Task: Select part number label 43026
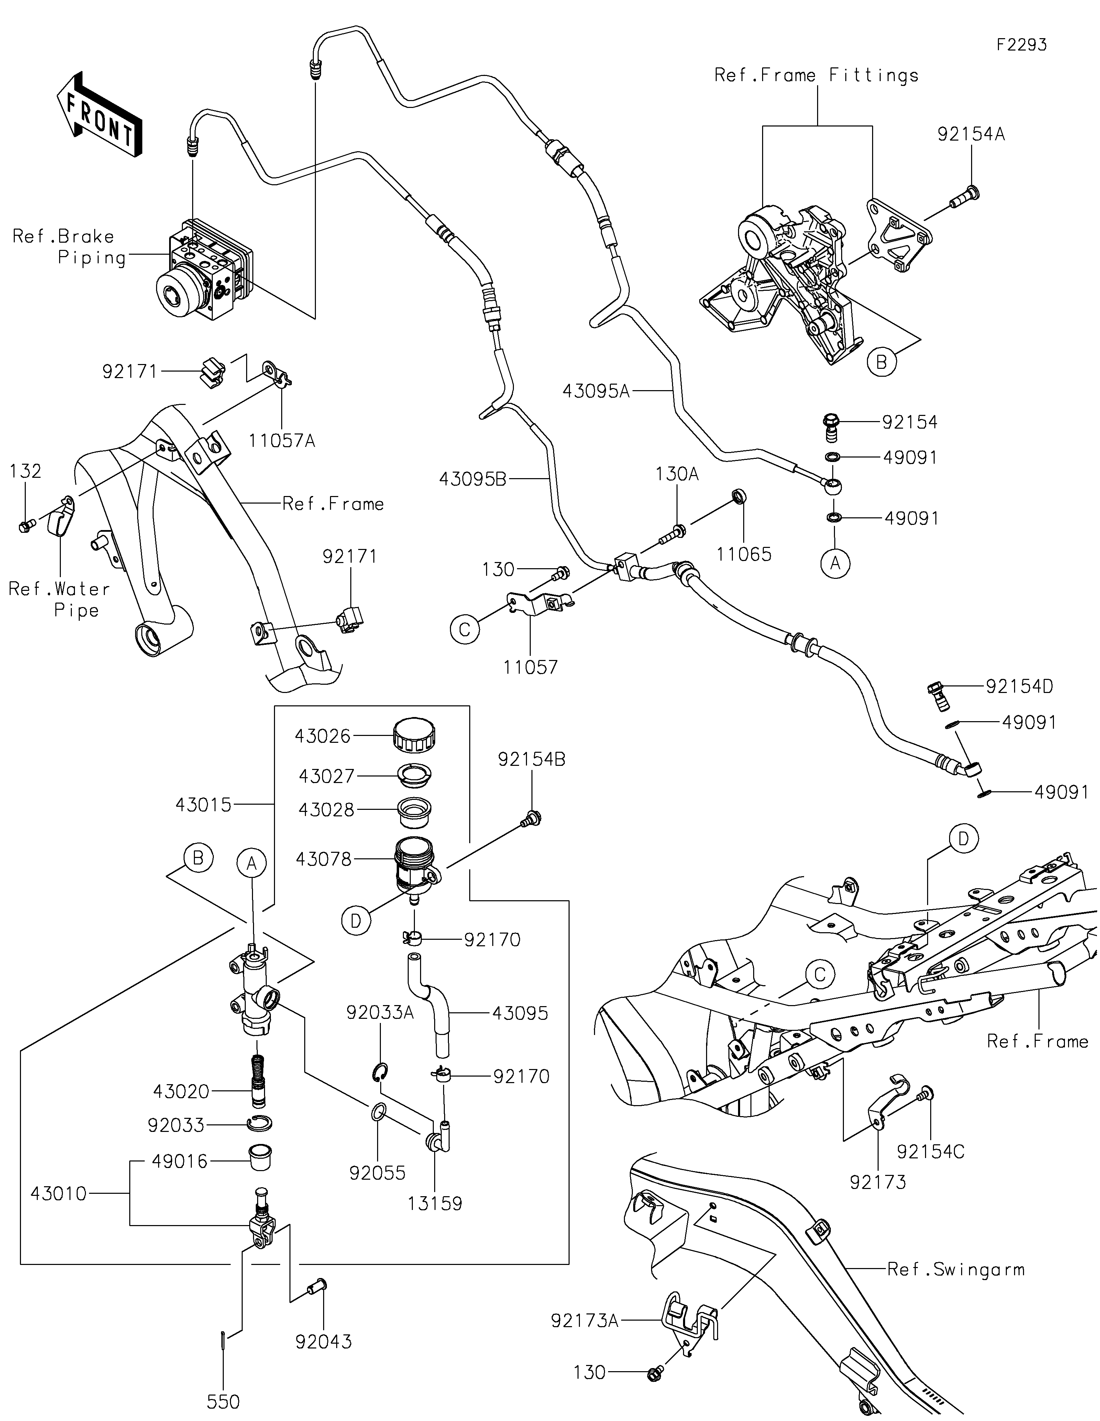(323, 736)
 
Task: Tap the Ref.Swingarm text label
(956, 1269)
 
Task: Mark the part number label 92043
(323, 1342)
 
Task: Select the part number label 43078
(323, 859)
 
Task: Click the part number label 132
(25, 471)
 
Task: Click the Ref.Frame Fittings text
(816, 76)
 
